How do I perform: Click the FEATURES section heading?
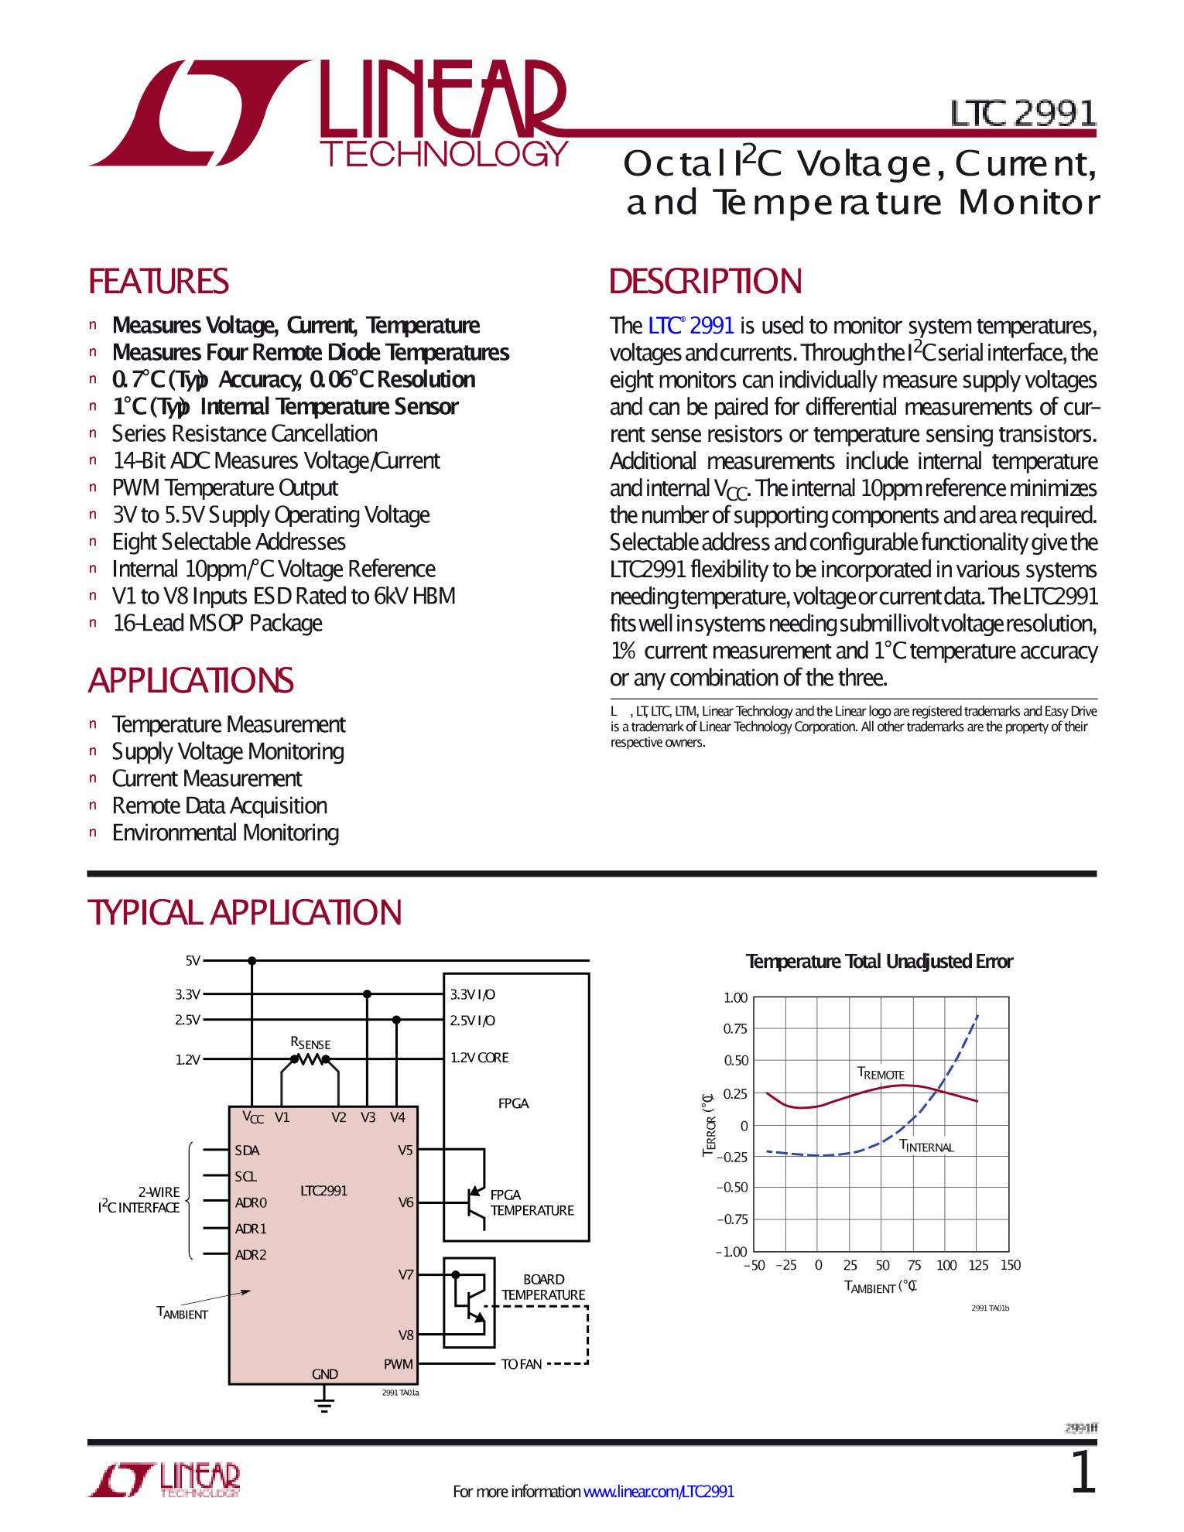point(159,282)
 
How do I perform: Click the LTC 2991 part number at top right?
point(1023,114)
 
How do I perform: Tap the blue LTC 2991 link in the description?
point(690,326)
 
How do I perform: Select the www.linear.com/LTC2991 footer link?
point(659,1491)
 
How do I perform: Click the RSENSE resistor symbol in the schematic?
point(310,1060)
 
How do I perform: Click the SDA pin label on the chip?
point(247,1151)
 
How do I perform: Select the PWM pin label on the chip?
point(398,1364)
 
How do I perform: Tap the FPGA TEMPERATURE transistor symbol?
point(474,1201)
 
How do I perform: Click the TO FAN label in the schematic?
point(522,1364)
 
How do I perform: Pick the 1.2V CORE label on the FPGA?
point(479,1058)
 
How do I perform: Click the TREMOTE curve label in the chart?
point(881,1073)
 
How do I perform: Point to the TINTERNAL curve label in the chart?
point(926,1146)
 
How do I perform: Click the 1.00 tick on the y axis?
point(735,998)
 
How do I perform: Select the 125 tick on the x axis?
point(978,1265)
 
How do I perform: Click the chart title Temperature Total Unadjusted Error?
point(879,962)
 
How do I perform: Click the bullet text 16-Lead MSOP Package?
point(217,623)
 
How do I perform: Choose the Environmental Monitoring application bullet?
point(225,833)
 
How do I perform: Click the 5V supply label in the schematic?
point(193,961)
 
